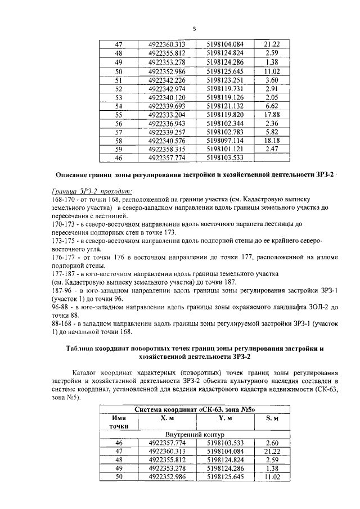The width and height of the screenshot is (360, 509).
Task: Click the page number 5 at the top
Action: [x=193, y=29]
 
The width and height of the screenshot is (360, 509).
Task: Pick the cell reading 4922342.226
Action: [x=167, y=80]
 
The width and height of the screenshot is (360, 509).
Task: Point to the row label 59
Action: [x=118, y=149]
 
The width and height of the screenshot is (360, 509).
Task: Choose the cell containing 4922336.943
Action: [x=167, y=123]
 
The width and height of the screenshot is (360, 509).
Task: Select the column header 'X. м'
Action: [x=167, y=418]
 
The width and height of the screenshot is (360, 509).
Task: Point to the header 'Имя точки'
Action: [x=118, y=422]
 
